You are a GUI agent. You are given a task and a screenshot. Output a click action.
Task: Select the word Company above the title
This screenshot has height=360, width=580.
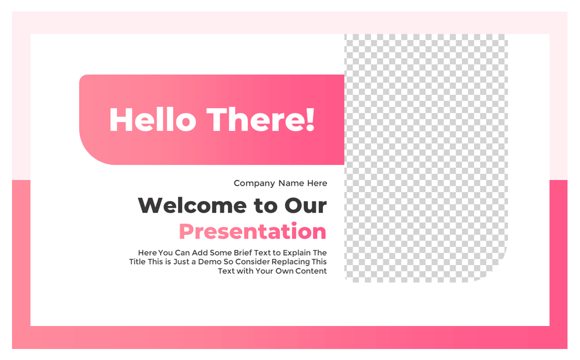[x=254, y=183]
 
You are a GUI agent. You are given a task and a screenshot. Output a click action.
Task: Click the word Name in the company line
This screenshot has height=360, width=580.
[x=291, y=183]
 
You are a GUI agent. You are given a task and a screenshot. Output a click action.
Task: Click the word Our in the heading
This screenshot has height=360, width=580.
[x=305, y=205]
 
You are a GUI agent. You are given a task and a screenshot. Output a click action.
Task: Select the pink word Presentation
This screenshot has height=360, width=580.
[x=252, y=231]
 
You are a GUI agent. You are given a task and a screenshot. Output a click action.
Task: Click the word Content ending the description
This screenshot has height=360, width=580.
[x=310, y=271]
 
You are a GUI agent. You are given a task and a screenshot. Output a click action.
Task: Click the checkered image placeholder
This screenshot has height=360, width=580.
[x=425, y=150]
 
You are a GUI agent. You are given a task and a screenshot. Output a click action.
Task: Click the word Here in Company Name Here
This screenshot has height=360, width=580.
[x=317, y=183]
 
